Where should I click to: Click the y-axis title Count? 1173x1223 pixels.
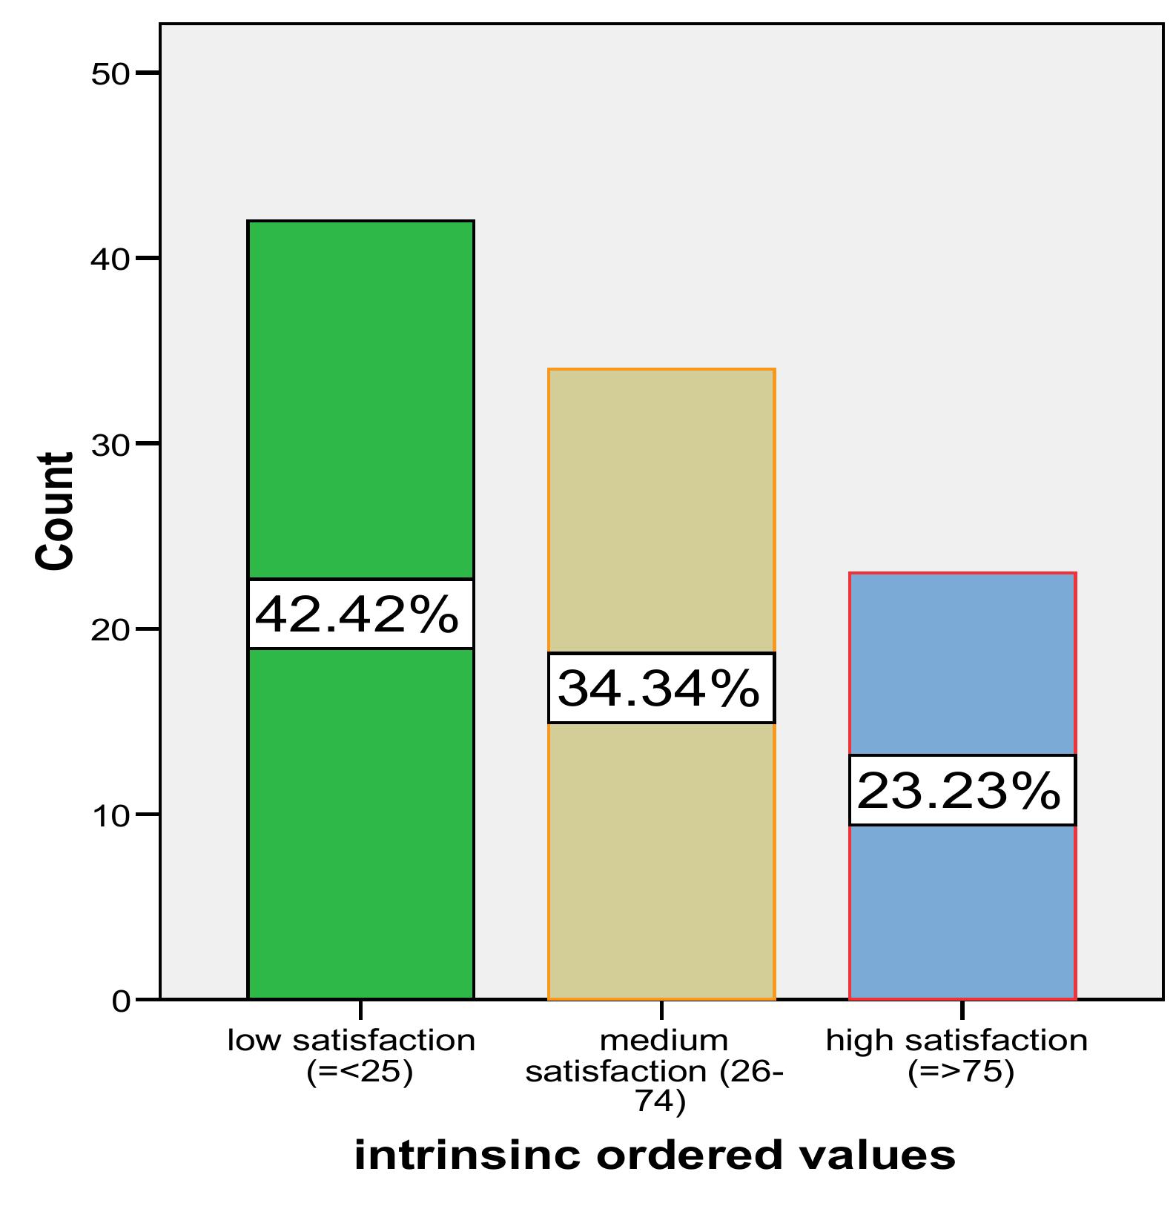56,511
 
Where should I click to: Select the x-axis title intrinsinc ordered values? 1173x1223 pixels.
655,1156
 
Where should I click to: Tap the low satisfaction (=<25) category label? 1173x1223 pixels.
351,1055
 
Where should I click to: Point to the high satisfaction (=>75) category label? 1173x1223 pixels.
957,1055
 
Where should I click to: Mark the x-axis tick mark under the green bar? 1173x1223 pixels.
360,1010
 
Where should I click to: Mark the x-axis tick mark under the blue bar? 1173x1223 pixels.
962,1010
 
